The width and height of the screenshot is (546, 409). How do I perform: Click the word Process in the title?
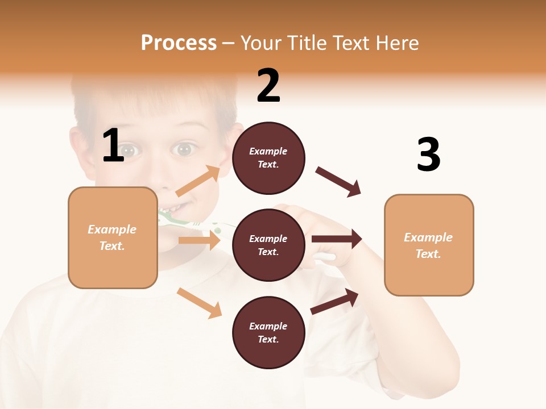pos(179,43)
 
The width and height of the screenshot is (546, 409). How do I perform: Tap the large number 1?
pos(113,146)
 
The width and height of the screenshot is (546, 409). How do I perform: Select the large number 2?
pos(268,86)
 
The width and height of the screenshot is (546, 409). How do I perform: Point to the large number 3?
pos(428,155)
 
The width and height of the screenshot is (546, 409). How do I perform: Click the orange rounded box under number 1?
pos(113,237)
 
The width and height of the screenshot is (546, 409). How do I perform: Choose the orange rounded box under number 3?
pos(429,245)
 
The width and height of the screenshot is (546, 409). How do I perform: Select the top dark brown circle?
pos(268,158)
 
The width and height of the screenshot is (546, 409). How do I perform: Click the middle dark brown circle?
pos(268,245)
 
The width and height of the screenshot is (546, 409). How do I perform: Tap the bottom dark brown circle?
pos(268,332)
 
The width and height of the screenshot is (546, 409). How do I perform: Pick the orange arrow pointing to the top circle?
pos(198,181)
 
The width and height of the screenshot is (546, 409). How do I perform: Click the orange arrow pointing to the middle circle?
pos(199,240)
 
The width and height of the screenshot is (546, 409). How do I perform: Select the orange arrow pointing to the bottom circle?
pos(199,303)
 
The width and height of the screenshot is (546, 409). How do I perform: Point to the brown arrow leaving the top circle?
pos(338,181)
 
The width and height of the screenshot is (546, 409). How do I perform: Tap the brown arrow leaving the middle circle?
pos(337,239)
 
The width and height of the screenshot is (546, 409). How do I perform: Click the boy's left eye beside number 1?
pos(129,151)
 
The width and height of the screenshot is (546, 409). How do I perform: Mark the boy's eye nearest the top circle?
pos(183,149)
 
